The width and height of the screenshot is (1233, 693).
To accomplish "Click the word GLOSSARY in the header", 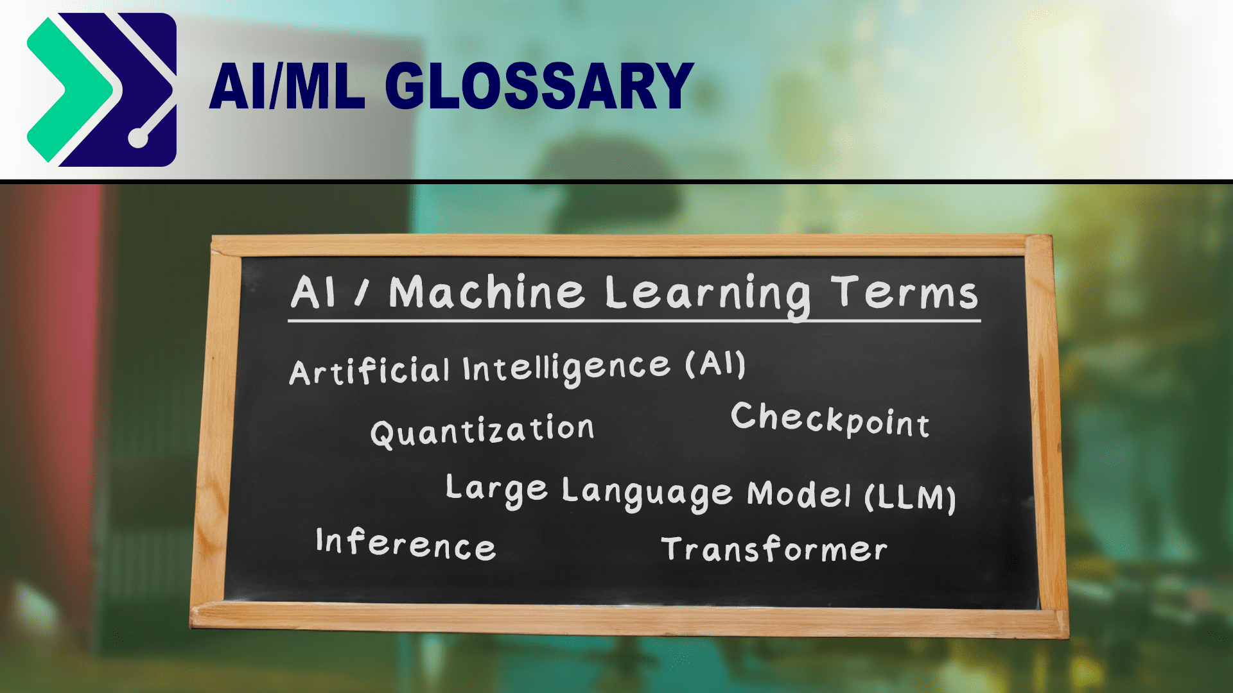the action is tap(539, 86).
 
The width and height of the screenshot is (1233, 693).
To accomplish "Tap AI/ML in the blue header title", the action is tap(287, 86).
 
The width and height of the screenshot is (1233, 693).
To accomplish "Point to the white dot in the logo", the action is tap(138, 138).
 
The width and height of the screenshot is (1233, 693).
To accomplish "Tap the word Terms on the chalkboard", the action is tap(904, 293).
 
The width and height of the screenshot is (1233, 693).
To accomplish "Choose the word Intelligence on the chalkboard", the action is tap(566, 368).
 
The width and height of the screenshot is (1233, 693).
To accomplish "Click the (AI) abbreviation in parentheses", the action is tap(715, 364).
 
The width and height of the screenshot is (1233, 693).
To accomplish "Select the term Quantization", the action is tap(482, 430).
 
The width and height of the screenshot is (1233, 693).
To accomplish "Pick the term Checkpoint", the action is tap(830, 420).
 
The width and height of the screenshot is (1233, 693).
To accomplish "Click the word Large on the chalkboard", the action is tap(496, 490).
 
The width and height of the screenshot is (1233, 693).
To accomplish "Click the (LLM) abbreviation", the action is tap(911, 497).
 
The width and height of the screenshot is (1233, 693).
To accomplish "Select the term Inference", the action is tap(405, 544).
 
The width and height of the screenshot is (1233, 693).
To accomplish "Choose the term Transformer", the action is tap(774, 549).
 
